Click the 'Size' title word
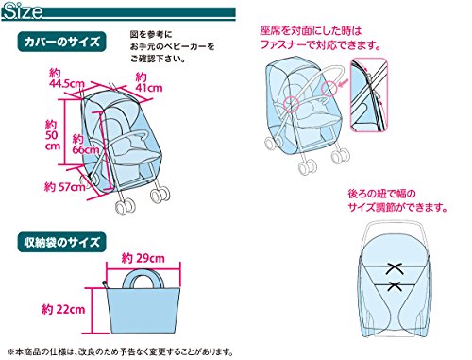click(x=23, y=11)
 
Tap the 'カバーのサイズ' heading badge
click(x=61, y=42)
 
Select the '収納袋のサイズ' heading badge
click(x=61, y=242)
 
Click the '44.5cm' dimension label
click(x=67, y=84)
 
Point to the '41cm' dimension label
click(x=149, y=87)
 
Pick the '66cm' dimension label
click(x=86, y=149)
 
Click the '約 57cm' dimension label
click(x=64, y=187)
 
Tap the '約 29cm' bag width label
click(x=143, y=259)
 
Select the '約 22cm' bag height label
click(x=63, y=309)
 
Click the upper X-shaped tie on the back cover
click(x=395, y=268)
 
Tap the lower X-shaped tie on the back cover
click(x=395, y=286)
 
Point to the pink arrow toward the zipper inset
click(x=343, y=82)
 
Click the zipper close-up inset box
click(x=369, y=94)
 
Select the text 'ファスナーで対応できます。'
click(x=320, y=45)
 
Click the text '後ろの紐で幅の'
click(x=381, y=194)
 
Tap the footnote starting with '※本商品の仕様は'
click(x=121, y=351)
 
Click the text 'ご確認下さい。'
click(x=158, y=59)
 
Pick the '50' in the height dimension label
click(x=52, y=135)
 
